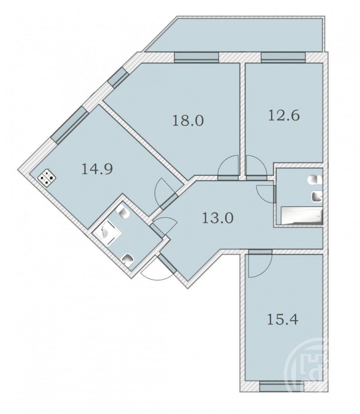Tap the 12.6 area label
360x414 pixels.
click(x=284, y=116)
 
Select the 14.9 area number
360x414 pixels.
click(x=97, y=169)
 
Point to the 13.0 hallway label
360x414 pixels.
click(x=218, y=218)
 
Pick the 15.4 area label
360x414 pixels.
click(x=282, y=319)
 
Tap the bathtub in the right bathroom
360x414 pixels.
click(x=302, y=215)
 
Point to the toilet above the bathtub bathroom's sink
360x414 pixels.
click(x=315, y=180)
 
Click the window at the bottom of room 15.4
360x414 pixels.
click(x=282, y=387)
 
